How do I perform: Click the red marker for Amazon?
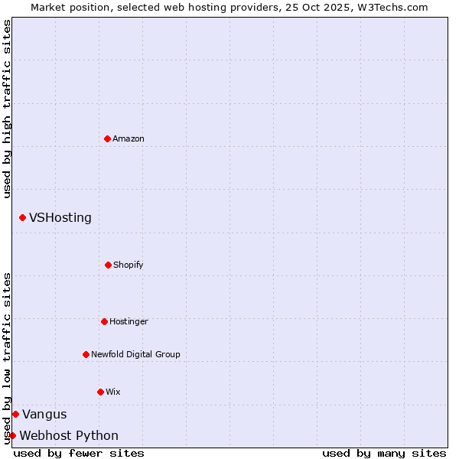[107, 138]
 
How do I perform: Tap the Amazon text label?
[129, 138]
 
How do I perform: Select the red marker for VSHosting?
[22, 218]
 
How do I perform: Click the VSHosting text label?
[60, 218]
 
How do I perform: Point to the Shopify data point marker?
[108, 265]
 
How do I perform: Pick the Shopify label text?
[129, 265]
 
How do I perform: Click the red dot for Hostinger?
[104, 321]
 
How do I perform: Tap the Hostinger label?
[129, 321]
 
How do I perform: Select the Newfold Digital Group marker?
[86, 354]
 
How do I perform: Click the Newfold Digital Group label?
[135, 354]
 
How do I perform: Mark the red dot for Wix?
[100, 392]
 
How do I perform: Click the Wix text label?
[113, 392]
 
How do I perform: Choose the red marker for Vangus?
[15, 414]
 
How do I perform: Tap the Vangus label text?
[44, 415]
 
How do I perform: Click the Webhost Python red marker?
[12, 435]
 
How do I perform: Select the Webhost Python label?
[69, 436]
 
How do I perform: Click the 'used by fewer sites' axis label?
[79, 453]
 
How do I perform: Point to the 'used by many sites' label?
[384, 453]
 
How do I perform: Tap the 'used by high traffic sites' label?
[7, 109]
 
